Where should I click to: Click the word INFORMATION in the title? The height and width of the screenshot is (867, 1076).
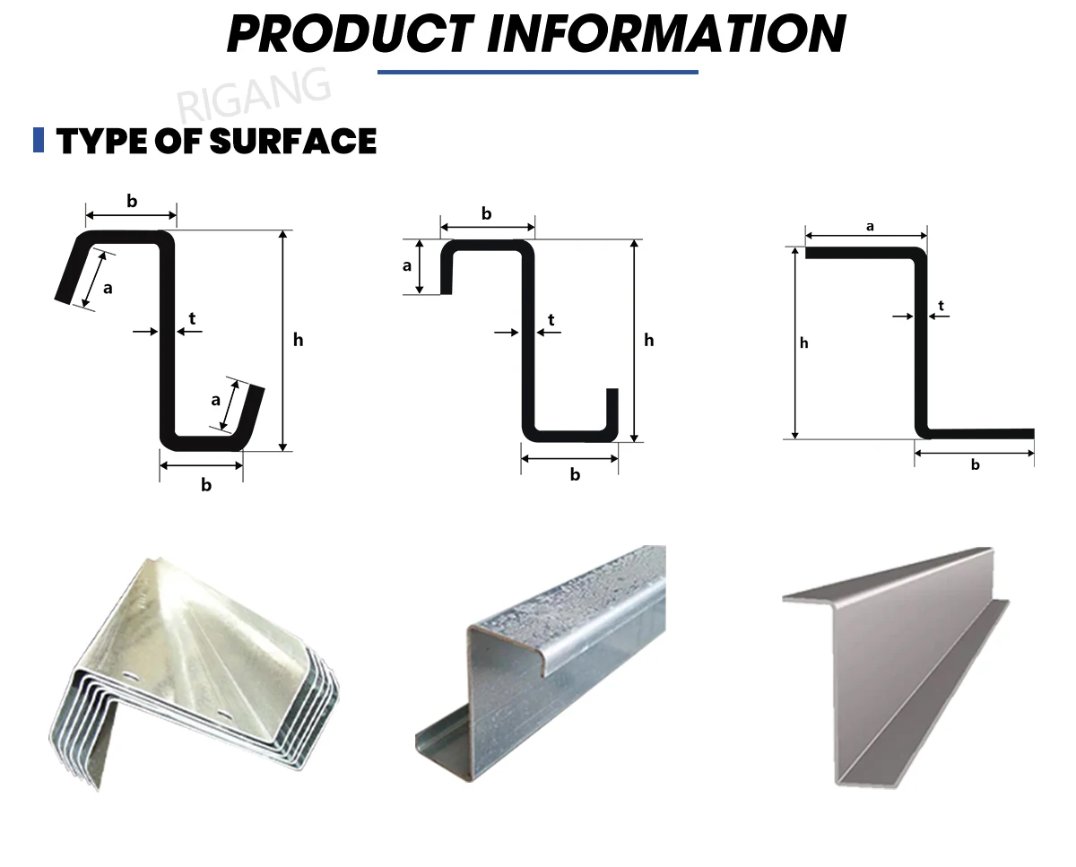(x=666, y=33)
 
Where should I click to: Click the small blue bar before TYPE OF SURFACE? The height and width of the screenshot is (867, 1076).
(x=39, y=140)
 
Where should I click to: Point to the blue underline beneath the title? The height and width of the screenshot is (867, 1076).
(x=537, y=72)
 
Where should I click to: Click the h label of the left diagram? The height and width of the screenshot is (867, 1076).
(x=299, y=340)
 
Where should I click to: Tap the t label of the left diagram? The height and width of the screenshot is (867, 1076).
(x=192, y=317)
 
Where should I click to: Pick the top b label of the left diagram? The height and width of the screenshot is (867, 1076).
(x=132, y=202)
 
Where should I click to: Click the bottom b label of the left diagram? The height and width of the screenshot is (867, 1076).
(x=206, y=485)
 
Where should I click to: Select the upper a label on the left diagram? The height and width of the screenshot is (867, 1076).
(x=108, y=288)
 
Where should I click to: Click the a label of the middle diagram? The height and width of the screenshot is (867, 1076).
(x=407, y=265)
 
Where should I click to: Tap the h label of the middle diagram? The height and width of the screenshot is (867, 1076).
(x=649, y=340)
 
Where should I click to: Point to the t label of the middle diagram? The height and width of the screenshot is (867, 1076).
(x=551, y=320)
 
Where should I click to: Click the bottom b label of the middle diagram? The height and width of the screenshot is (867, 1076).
(x=575, y=475)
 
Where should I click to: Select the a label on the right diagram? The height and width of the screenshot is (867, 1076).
(x=870, y=227)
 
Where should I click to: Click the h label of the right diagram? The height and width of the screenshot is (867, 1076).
(x=804, y=342)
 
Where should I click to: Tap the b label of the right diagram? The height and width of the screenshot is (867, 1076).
(x=976, y=465)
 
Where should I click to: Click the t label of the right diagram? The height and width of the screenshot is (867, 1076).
(x=941, y=306)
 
